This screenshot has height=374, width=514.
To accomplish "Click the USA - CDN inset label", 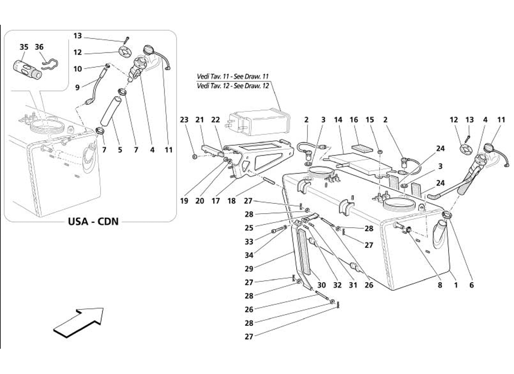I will [91, 221].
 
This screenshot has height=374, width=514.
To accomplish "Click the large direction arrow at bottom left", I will [78, 322].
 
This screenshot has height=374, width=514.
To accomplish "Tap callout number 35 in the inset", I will [24, 47].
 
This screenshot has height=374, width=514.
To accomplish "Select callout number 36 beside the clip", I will [39, 47].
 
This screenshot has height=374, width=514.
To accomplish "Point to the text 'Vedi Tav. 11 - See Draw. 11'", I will [233, 76].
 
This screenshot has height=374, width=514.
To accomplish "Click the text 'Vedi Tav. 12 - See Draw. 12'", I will [233, 86].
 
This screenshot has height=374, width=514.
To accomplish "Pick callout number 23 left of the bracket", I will [184, 120].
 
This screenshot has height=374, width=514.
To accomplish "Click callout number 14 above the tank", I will [338, 120].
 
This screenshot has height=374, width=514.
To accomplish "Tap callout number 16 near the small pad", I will [354, 120].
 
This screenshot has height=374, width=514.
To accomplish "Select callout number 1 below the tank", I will [455, 284].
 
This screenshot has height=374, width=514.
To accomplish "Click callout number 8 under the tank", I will [440, 284].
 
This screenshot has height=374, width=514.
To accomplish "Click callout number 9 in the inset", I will [77, 86].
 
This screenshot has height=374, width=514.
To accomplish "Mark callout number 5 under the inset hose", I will [120, 150].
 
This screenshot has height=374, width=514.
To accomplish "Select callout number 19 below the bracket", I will [184, 201].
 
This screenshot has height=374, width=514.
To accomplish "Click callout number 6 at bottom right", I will [471, 284].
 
